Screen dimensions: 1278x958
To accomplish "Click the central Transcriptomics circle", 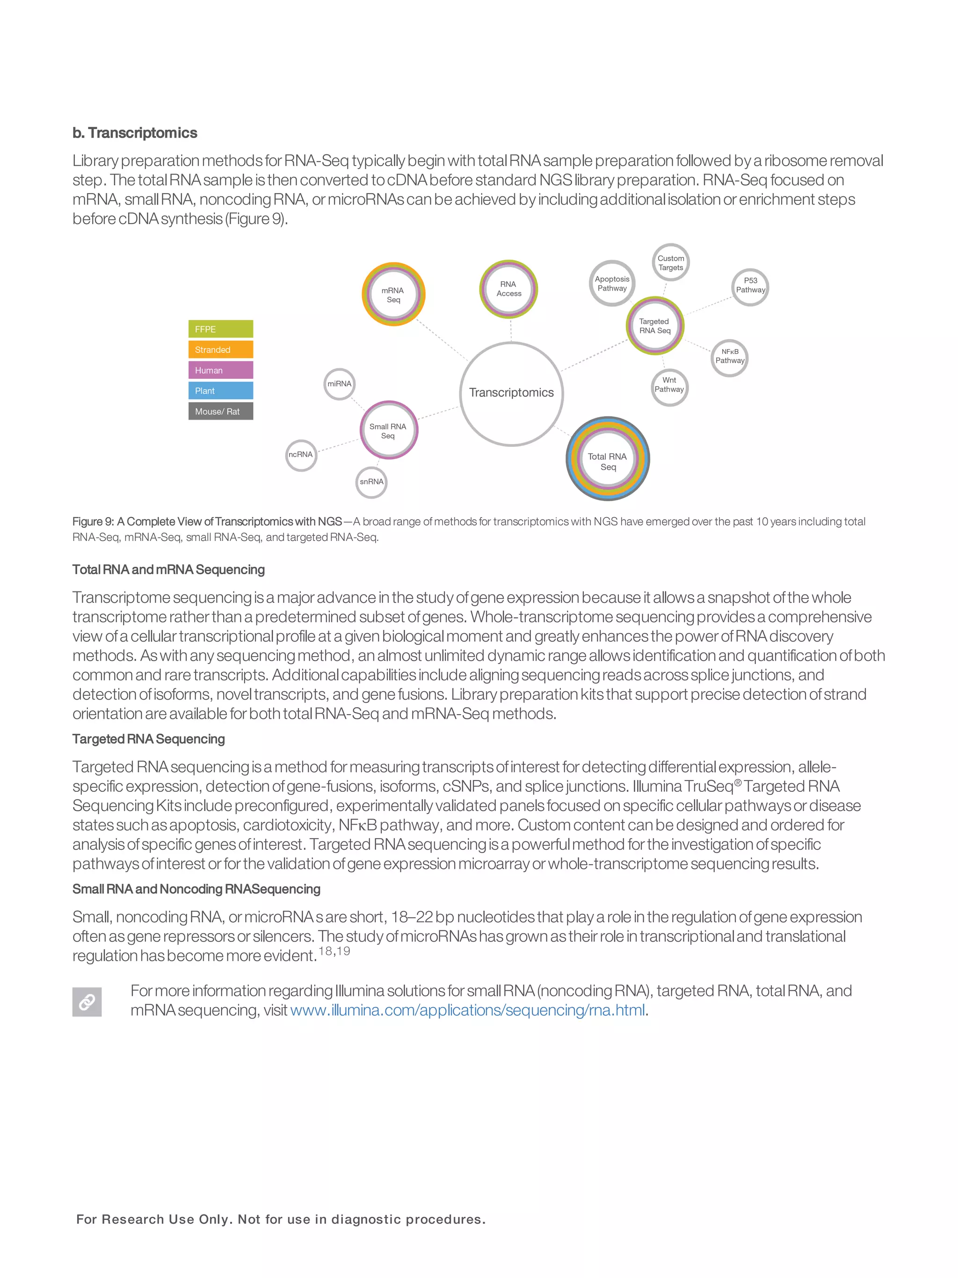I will click(x=511, y=394).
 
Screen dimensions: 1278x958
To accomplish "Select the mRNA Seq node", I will click(x=393, y=295).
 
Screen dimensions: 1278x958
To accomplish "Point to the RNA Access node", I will click(x=508, y=289).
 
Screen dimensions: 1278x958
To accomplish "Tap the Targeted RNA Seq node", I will click(x=655, y=326).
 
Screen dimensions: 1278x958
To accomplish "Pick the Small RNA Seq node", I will click(x=389, y=431).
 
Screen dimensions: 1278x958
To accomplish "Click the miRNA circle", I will click(x=339, y=384).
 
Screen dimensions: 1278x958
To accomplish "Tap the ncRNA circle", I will click(x=301, y=455).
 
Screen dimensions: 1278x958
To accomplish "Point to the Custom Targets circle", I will click(x=670, y=263).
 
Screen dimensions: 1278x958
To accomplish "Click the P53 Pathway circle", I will click(x=750, y=285).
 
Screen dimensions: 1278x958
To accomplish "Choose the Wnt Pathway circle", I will click(x=669, y=385).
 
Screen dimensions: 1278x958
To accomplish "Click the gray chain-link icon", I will click(x=87, y=1002).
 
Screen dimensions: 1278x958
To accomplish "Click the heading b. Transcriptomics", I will click(x=135, y=133).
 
